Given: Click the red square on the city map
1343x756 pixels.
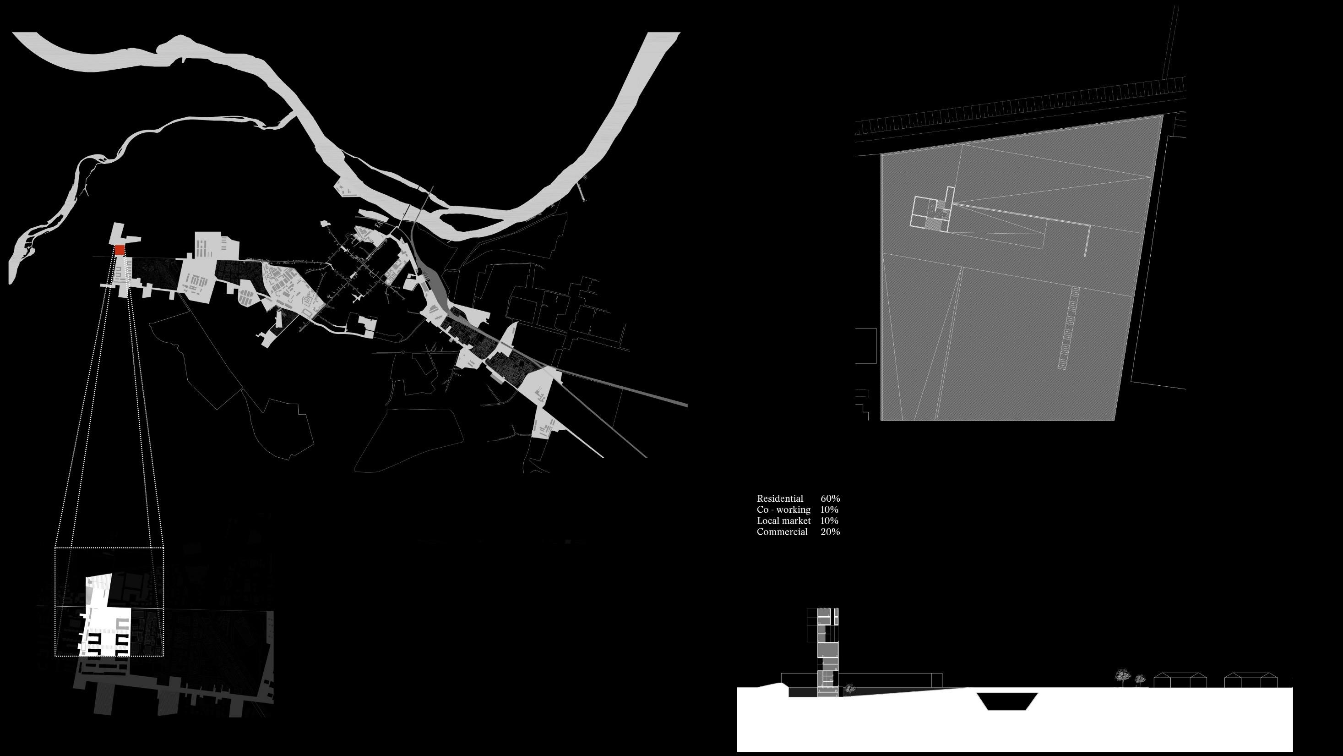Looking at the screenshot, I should coord(120,250).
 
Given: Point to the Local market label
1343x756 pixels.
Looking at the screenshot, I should coord(783,520).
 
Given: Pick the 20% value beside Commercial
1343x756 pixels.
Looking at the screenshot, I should coord(830,531).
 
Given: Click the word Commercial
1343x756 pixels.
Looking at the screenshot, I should coord(782,531).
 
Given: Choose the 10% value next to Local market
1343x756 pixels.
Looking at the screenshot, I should coord(829,520).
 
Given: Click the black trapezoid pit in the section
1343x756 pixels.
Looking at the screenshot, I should coord(1007,701).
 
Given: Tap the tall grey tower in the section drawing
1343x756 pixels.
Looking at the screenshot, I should coord(827,652).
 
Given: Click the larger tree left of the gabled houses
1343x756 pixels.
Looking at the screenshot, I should coord(1122,677).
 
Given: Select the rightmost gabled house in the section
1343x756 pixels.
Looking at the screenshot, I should coord(1251,680).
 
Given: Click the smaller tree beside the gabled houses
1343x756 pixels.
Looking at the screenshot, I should coord(1140,679).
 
